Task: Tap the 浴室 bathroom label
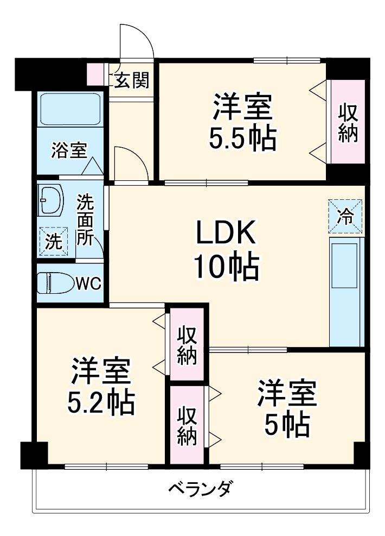click(68, 150)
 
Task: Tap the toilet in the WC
click(55, 283)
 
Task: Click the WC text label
click(88, 283)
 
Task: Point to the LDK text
click(225, 234)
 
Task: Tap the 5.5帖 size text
click(242, 138)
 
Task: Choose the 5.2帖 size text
click(101, 401)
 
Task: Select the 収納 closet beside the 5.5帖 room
click(348, 123)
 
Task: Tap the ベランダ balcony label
click(199, 488)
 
